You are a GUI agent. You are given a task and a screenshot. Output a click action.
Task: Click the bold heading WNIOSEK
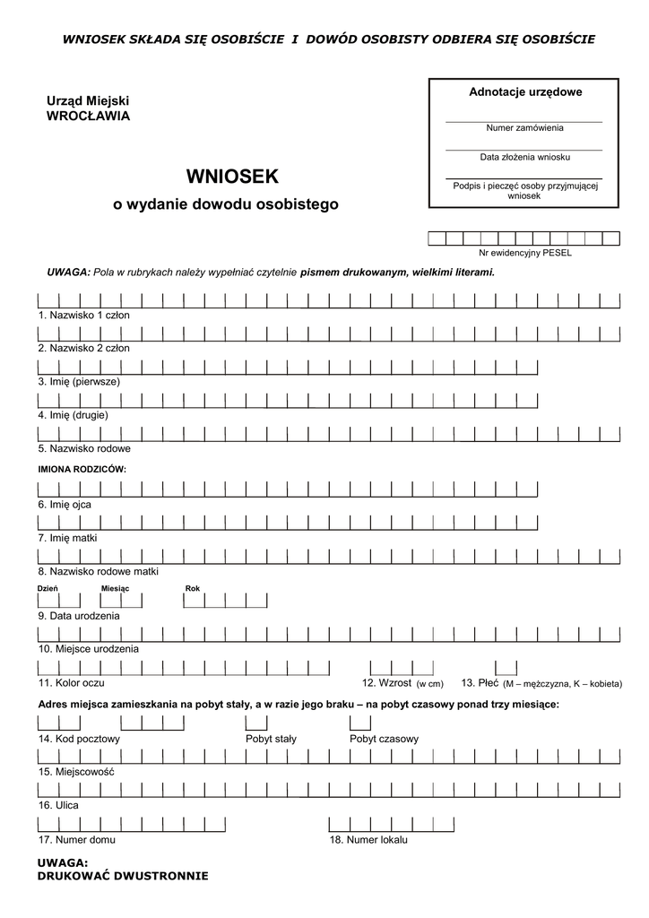(x=232, y=175)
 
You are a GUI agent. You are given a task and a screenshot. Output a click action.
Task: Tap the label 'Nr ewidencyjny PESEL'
(x=524, y=253)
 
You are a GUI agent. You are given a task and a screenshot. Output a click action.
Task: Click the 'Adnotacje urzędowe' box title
(x=525, y=92)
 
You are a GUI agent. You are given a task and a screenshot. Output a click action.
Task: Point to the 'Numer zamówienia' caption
(x=524, y=128)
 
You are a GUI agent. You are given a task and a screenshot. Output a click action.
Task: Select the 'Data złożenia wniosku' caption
(x=524, y=157)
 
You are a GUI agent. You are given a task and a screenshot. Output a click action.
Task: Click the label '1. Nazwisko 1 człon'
(x=84, y=316)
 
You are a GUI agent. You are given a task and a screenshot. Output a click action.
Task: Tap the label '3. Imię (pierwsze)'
(x=79, y=381)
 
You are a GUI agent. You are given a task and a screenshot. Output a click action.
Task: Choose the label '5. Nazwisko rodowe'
(x=84, y=448)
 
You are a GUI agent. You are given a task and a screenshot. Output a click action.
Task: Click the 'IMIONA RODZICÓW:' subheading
(x=82, y=469)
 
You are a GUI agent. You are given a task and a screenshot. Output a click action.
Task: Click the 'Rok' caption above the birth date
(x=193, y=588)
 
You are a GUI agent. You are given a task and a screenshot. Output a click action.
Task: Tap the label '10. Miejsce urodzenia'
(x=88, y=648)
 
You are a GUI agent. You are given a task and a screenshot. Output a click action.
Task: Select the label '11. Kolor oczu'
(x=72, y=682)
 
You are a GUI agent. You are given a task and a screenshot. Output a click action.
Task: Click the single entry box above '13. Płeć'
(x=506, y=668)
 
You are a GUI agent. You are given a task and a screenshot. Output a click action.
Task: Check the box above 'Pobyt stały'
(x=256, y=723)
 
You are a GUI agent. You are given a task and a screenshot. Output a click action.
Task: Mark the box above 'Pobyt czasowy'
(x=360, y=723)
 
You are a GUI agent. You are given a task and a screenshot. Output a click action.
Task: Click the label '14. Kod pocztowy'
(x=79, y=739)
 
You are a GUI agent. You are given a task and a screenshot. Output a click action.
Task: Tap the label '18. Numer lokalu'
(x=368, y=840)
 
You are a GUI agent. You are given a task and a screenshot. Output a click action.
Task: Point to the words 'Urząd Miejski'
(x=88, y=101)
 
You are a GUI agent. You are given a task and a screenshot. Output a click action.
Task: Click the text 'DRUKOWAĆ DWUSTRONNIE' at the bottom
(x=123, y=875)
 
